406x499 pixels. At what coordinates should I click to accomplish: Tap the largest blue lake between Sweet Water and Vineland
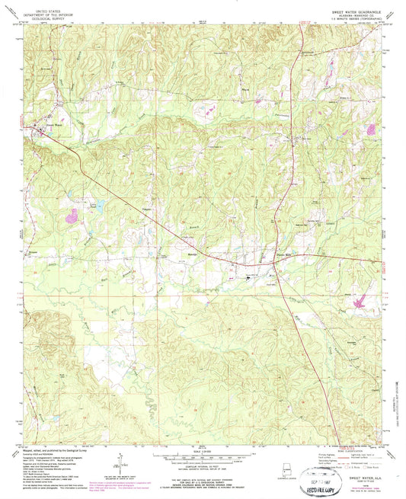(98, 204)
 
